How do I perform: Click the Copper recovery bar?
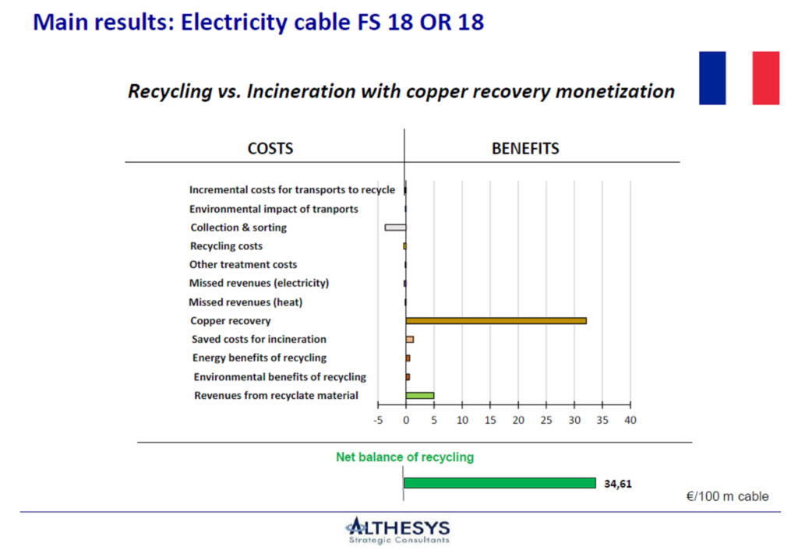[496, 320]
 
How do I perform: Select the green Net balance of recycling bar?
[500, 483]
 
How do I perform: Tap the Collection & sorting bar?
[395, 227]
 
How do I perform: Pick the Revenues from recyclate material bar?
[420, 395]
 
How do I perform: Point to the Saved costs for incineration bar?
[410, 340]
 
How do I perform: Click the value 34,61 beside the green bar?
[618, 484]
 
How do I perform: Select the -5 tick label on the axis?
[378, 420]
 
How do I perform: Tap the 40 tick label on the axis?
[630, 420]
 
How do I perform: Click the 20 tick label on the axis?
[518, 420]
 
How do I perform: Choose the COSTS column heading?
[270, 149]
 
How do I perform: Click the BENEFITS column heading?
[525, 149]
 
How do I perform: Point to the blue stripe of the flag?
[712, 78]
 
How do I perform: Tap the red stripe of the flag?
[766, 78]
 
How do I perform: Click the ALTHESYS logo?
[398, 531]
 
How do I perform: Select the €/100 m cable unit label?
[727, 496]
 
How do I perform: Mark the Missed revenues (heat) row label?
[245, 302]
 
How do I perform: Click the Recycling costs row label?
[227, 246]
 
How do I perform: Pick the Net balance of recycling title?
[404, 457]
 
